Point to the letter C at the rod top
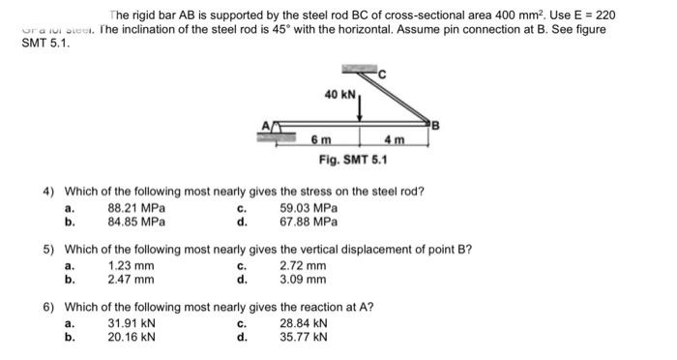(381, 75)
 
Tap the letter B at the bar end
(436, 124)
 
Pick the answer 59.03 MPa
(309, 208)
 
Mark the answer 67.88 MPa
(309, 221)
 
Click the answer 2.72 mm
(303, 266)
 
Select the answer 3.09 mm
(303, 280)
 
